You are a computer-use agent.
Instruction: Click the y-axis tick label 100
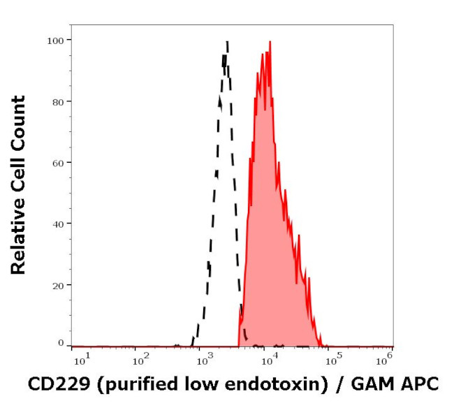(55, 41)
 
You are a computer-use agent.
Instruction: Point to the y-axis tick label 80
(57, 101)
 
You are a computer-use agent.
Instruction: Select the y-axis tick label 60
(57, 163)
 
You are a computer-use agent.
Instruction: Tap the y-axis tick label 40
(57, 224)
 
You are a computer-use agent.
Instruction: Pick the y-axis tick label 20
(57, 285)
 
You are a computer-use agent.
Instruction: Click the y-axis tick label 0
(61, 343)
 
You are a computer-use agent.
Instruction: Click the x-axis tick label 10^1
(81, 359)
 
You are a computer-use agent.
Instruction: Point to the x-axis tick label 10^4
(269, 359)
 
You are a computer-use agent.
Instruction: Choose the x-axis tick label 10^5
(334, 359)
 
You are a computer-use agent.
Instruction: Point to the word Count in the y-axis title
(18, 119)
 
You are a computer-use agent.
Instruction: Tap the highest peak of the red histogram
(270, 42)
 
